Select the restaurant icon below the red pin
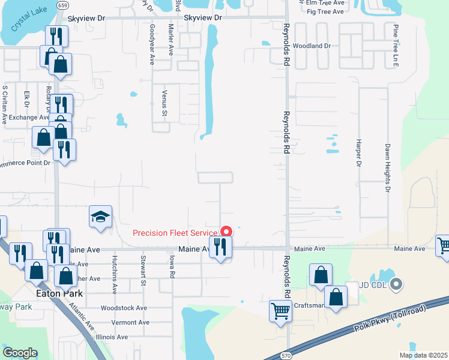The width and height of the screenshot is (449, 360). [220, 247]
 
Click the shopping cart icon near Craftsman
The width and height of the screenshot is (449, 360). [280, 311]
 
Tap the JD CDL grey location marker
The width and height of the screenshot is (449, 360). [395, 284]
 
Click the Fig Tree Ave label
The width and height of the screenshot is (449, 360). [325, 11]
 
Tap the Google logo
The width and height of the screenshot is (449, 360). [20, 352]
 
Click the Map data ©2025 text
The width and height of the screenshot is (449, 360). [423, 355]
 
